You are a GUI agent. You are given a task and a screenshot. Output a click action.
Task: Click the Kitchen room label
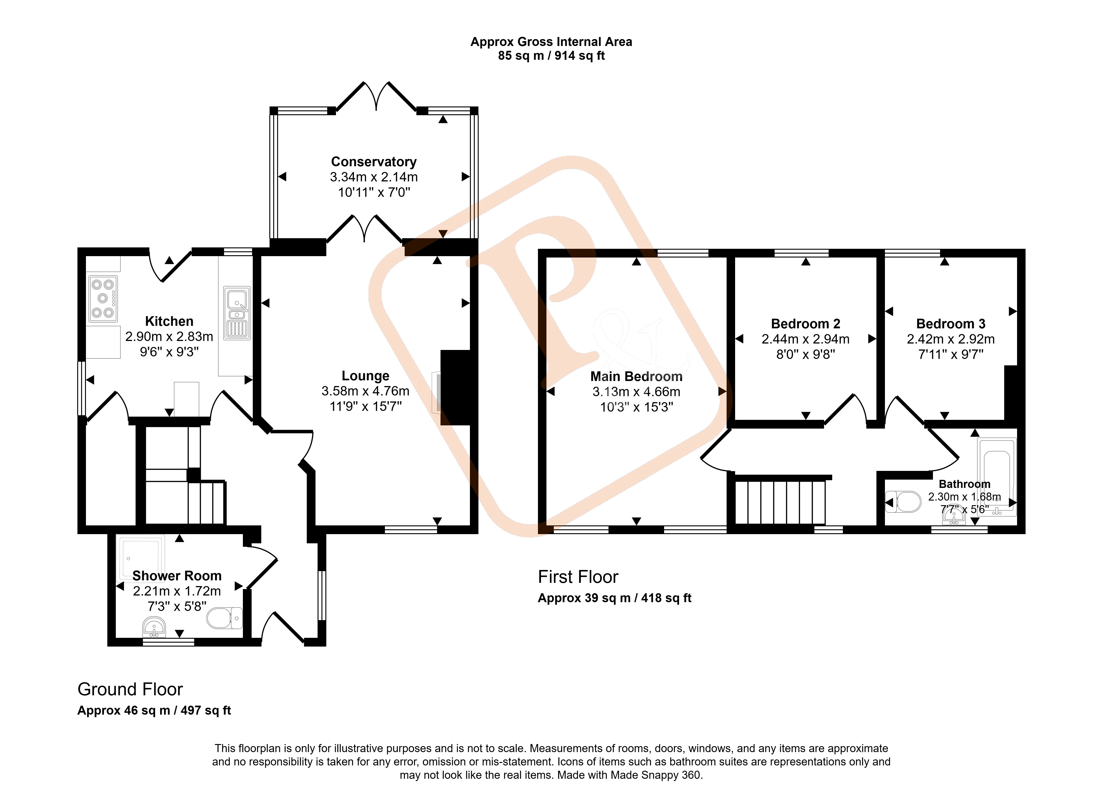[x=169, y=321]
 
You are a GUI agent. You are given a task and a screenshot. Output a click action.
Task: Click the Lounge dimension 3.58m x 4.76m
[x=365, y=391]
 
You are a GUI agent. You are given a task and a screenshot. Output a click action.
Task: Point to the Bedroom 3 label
[x=951, y=324]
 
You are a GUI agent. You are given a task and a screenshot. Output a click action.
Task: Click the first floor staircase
[x=780, y=501]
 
